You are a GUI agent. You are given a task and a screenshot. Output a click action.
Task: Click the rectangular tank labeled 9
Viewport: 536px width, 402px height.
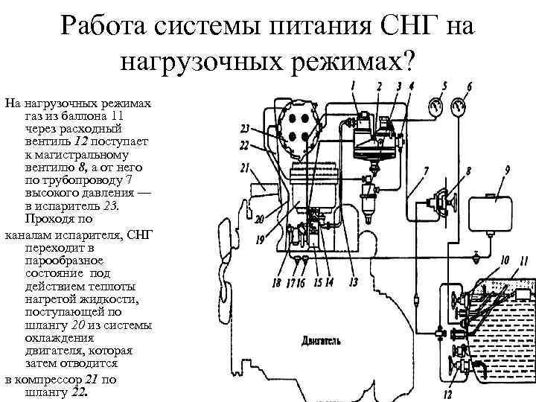click(x=495, y=211)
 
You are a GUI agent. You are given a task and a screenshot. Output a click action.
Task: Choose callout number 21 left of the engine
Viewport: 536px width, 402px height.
click(x=244, y=168)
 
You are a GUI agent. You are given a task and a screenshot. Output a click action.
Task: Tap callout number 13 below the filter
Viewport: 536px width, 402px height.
click(x=353, y=281)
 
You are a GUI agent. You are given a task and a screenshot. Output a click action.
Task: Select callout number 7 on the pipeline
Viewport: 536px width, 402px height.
click(x=424, y=172)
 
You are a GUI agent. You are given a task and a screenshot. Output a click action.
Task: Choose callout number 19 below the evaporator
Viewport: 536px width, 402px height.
click(x=260, y=240)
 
